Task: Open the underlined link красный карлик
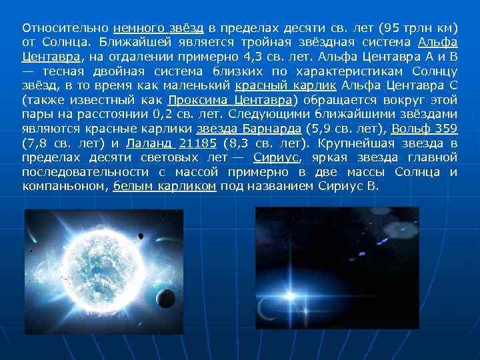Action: tap(287, 86)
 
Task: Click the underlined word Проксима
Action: tap(201, 101)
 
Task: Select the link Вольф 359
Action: tap(424, 129)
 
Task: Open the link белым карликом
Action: tap(165, 187)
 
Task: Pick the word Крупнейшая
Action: tap(359, 143)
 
